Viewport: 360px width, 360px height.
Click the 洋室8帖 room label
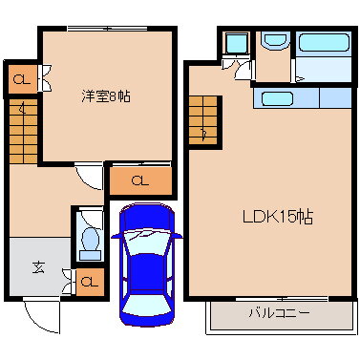(x=106, y=95)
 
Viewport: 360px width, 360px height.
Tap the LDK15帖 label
(x=278, y=217)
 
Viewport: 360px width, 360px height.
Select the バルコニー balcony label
(x=279, y=313)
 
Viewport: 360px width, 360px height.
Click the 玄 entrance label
(x=38, y=267)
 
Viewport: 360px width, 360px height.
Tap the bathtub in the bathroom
(x=324, y=43)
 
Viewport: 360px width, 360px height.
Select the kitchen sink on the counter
(x=277, y=98)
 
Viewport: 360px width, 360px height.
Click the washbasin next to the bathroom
(x=275, y=40)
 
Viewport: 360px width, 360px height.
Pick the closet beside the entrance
(x=90, y=282)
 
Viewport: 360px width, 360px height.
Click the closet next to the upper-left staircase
(x=22, y=79)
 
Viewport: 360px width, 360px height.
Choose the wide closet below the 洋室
(x=140, y=180)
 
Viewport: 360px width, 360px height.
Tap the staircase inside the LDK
(x=203, y=120)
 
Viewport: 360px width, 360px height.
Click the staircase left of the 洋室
(x=23, y=132)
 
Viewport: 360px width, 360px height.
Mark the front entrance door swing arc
(x=35, y=323)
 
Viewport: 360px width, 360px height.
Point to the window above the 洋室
(x=107, y=29)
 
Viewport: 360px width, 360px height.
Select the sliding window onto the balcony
(x=282, y=299)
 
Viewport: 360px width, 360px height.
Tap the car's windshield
(x=147, y=242)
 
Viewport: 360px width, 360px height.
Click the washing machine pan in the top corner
(x=237, y=43)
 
